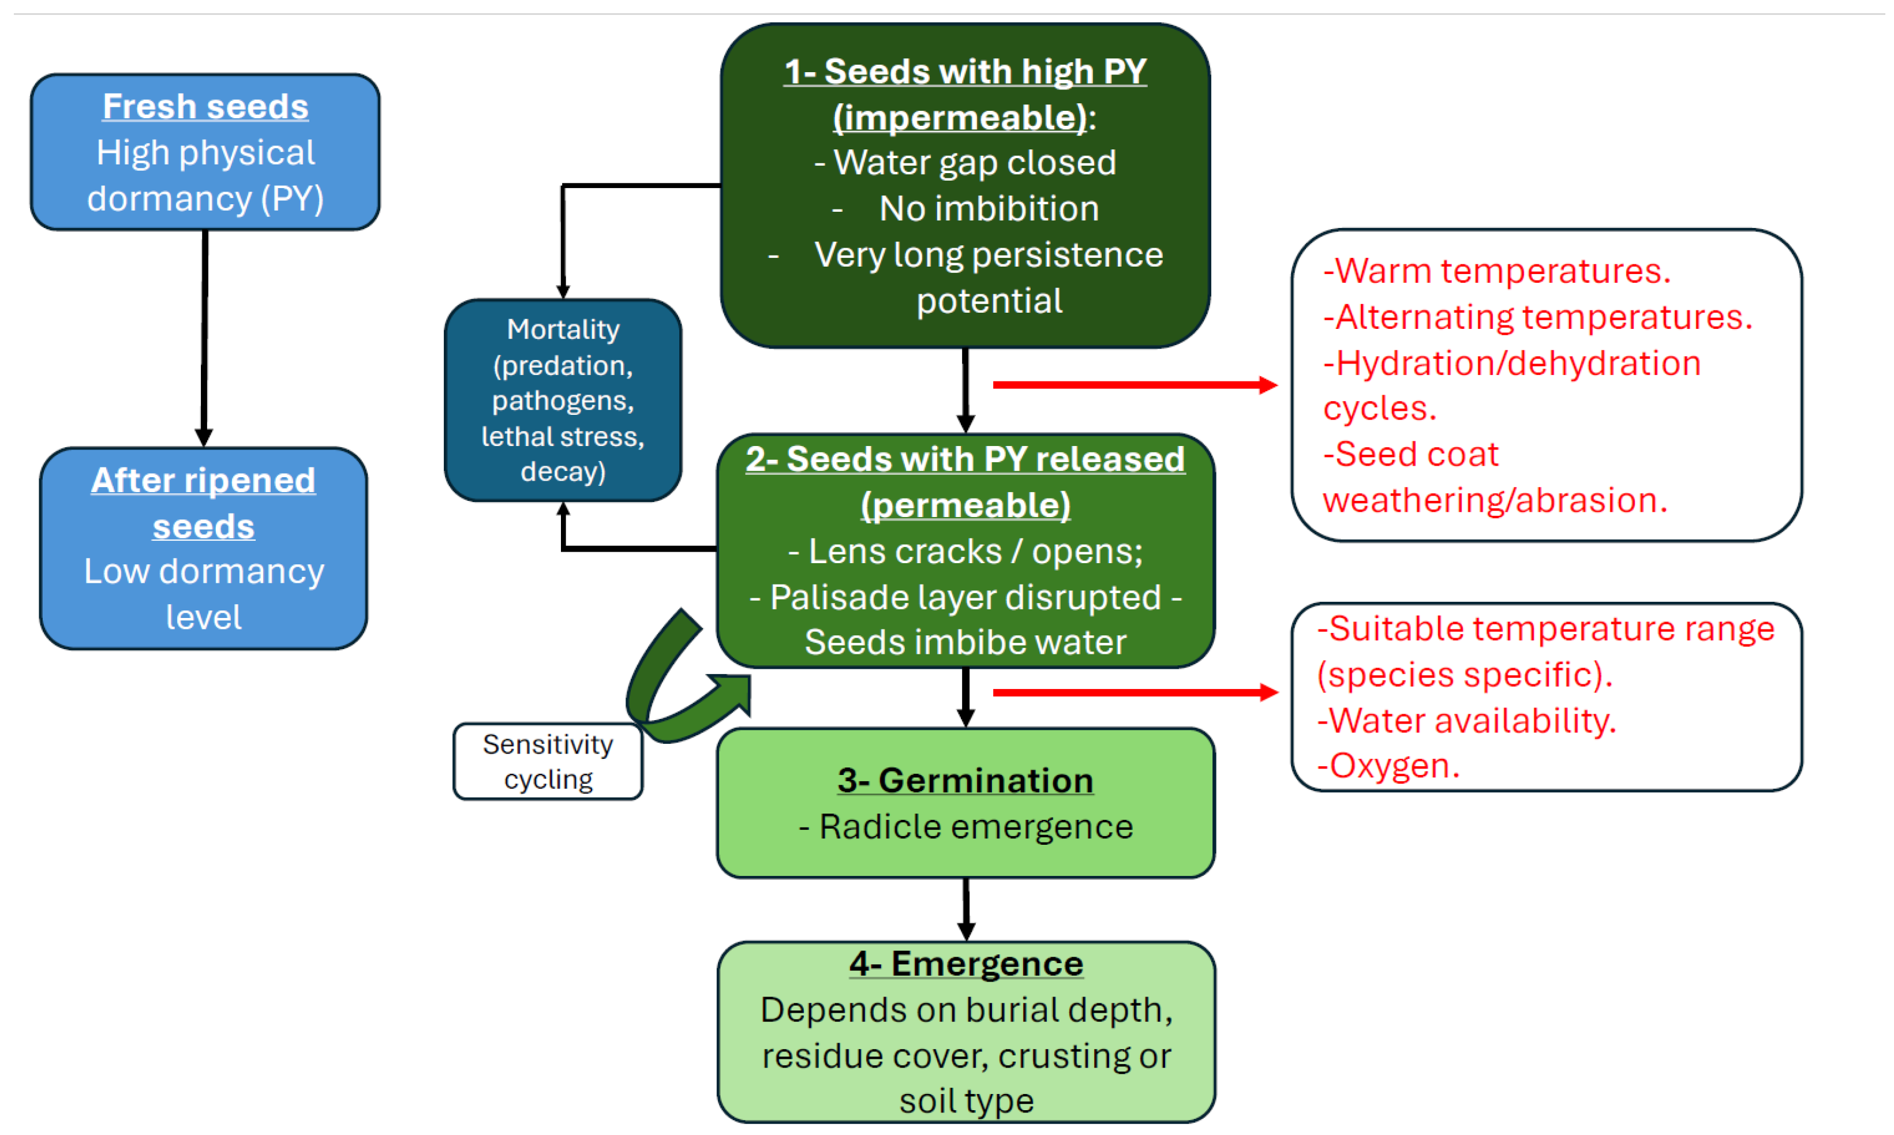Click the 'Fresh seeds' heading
205,106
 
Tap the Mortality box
563,400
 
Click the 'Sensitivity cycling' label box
548,761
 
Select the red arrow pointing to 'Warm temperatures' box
1135,385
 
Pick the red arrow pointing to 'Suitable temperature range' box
1135,693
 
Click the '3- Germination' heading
965,780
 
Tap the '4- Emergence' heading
966,964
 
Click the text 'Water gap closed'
975,162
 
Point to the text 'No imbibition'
989,208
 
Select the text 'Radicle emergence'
976,827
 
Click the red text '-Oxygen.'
1388,766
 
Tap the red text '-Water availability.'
1466,721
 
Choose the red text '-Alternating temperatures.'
1537,317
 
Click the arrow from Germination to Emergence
966,909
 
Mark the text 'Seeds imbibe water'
965,642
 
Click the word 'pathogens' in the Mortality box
563,401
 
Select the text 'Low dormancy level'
204,594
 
